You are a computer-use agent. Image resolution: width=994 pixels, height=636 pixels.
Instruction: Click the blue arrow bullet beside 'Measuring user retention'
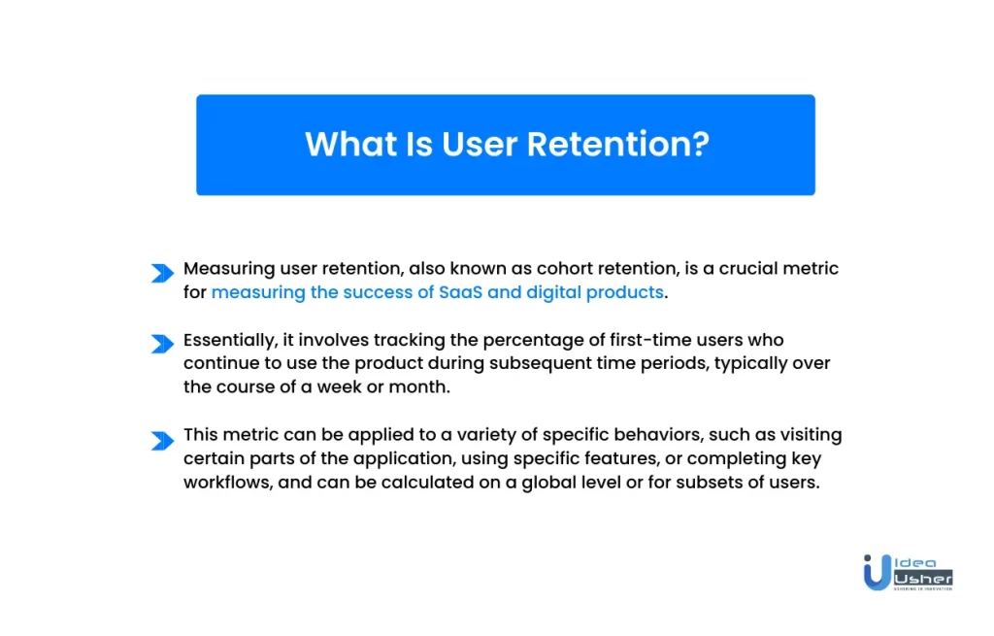coord(162,273)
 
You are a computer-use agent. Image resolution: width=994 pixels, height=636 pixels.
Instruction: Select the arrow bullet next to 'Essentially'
coord(162,344)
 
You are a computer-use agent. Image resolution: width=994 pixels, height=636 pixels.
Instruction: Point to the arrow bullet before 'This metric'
coord(162,440)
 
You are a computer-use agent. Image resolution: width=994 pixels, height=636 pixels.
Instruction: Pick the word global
coord(547,484)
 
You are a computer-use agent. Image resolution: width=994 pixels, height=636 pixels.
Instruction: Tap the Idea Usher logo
coord(908,572)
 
